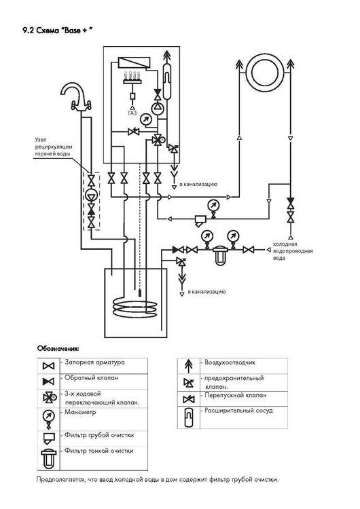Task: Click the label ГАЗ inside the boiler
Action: [132, 113]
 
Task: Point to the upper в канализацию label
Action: [199, 184]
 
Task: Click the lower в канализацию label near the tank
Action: [207, 290]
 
